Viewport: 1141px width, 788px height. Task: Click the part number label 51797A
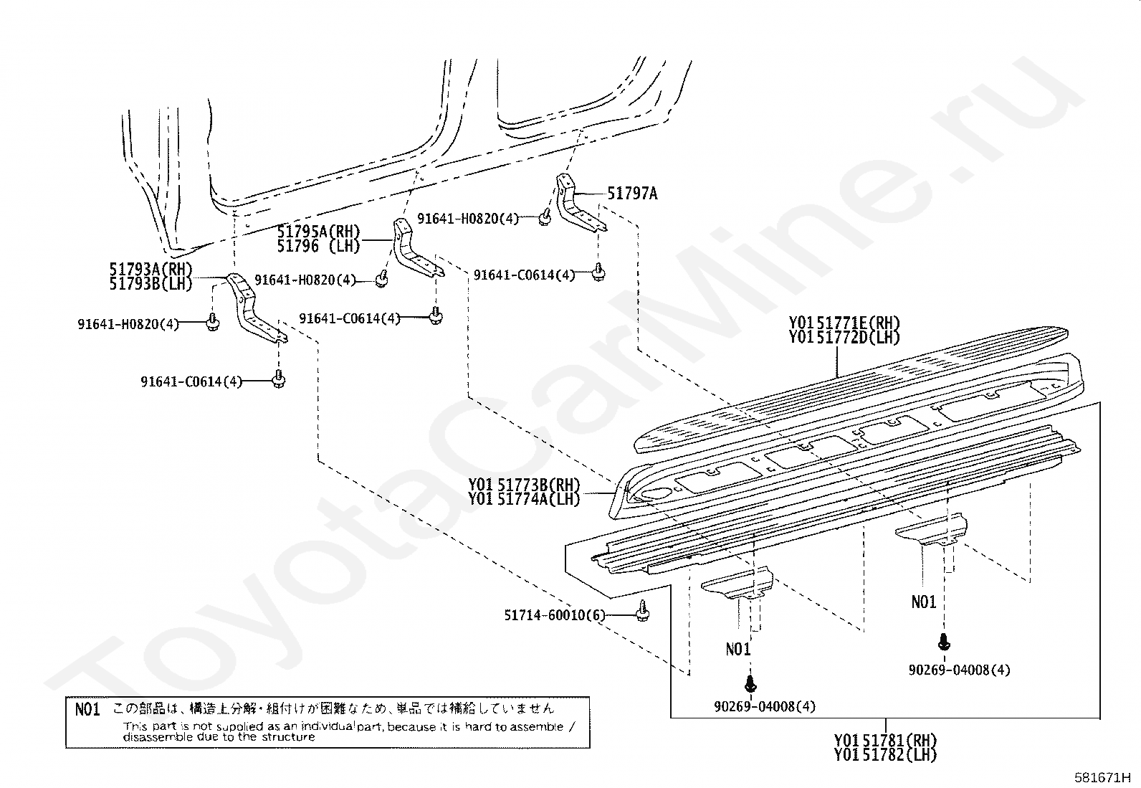pos(632,193)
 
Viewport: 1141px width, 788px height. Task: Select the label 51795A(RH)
pos(318,232)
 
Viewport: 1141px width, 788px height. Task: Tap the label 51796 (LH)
pos(318,246)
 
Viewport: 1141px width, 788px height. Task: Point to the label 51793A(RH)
pos(151,269)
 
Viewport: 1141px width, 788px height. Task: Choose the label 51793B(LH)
pos(151,284)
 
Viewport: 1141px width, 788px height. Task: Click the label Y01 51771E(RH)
pos(844,323)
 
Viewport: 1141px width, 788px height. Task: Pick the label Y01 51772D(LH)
pos(844,338)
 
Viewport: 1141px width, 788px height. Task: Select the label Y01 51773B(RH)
pos(524,484)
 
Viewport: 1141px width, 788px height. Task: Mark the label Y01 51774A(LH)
pos(524,499)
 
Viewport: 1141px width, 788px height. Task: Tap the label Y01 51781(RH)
pos(885,739)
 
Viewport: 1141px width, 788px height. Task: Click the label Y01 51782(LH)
pos(885,754)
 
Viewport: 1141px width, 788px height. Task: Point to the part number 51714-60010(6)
pos(554,615)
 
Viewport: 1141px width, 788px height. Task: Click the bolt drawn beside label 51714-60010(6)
pos(643,610)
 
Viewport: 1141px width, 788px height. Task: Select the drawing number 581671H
pos(1102,777)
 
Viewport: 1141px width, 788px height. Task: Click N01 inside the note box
pos(87,709)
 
